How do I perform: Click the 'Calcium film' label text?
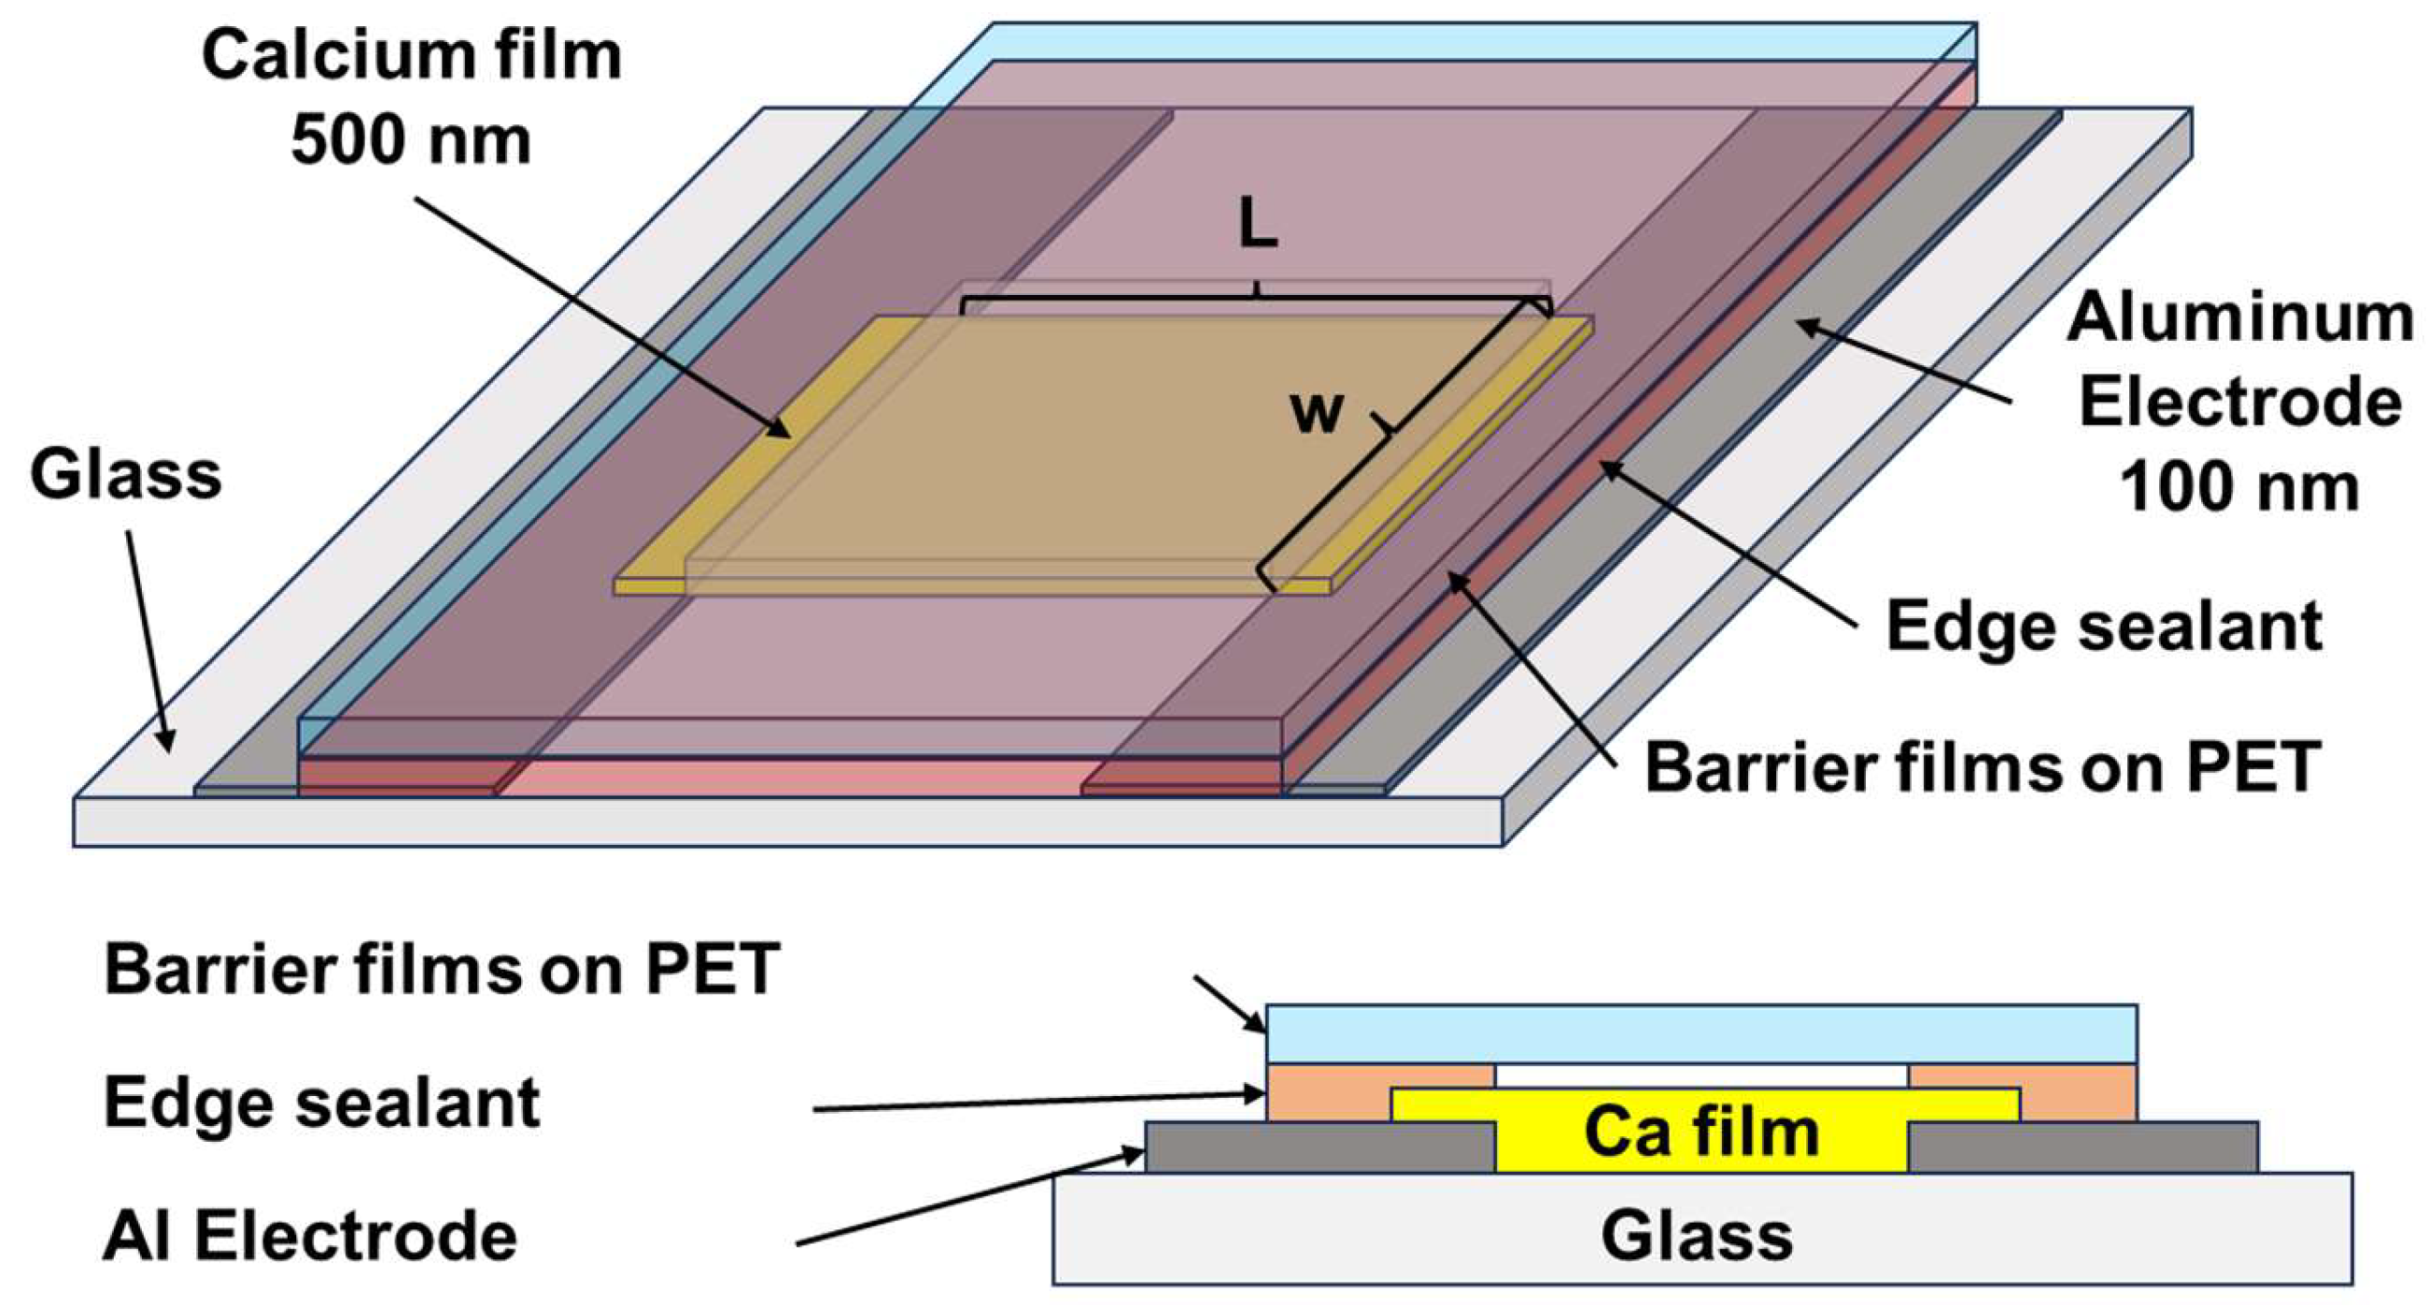click(x=411, y=57)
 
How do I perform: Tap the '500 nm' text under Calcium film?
click(x=411, y=141)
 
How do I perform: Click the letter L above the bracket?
click(x=1257, y=226)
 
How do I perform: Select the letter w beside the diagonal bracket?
click(x=1316, y=413)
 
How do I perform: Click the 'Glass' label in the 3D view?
click(x=125, y=475)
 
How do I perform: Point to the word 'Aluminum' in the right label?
click(x=2239, y=318)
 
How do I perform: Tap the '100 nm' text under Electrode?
click(x=2239, y=488)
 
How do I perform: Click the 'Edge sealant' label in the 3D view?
click(x=2104, y=626)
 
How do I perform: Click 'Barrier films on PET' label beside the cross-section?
click(x=441, y=969)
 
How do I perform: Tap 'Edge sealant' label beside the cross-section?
click(x=321, y=1103)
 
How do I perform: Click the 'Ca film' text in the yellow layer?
click(x=1701, y=1132)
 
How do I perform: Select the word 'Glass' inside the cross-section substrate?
click(x=1697, y=1236)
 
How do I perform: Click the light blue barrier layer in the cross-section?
click(x=1701, y=1034)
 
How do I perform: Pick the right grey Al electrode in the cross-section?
click(x=2083, y=1147)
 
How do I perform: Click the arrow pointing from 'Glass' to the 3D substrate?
click(x=148, y=640)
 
